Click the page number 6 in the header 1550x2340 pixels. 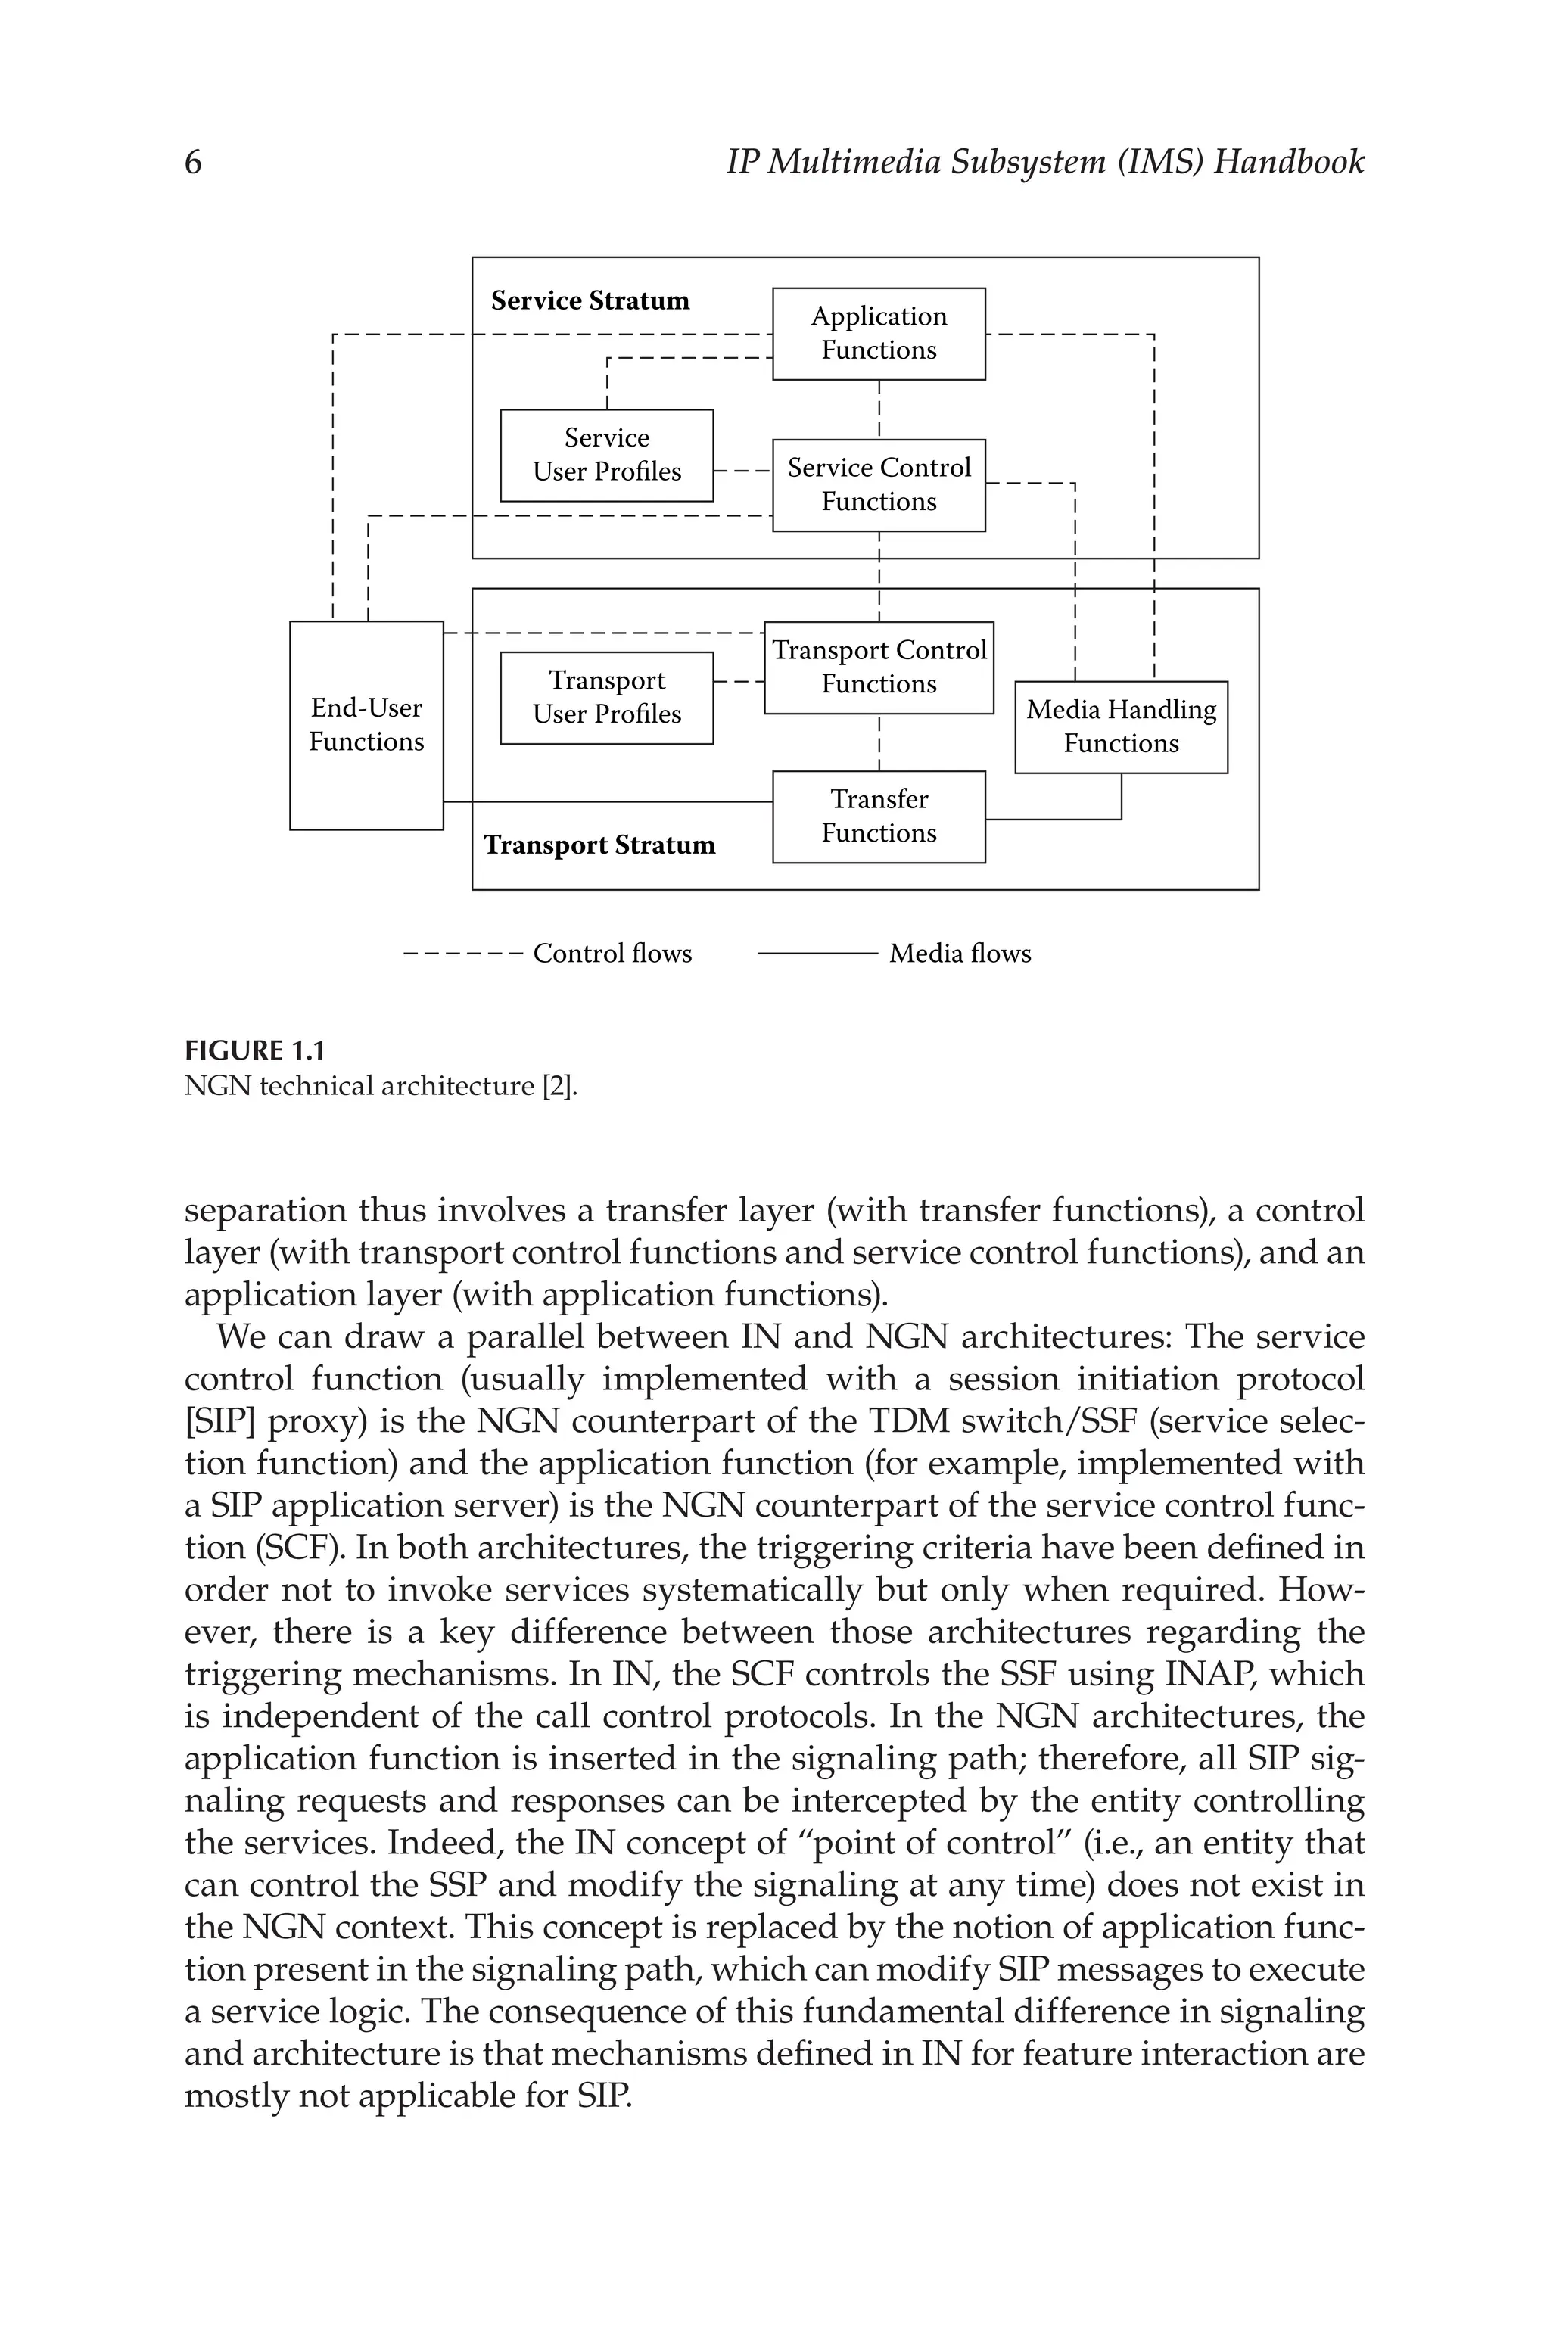click(x=193, y=162)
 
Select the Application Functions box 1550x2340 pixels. click(x=878, y=333)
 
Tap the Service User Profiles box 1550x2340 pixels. click(x=606, y=455)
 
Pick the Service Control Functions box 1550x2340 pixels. click(x=878, y=484)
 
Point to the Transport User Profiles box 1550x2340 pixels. click(x=606, y=697)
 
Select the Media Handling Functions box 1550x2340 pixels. click(x=1120, y=727)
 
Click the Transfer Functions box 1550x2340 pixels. click(x=878, y=817)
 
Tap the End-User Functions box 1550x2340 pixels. click(x=366, y=724)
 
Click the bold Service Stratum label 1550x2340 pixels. click(x=590, y=300)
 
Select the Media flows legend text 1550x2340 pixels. click(x=959, y=954)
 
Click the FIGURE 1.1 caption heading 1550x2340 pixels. click(x=255, y=1050)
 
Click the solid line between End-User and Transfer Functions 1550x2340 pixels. click(x=608, y=801)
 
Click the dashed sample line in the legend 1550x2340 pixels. click(x=462, y=954)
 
